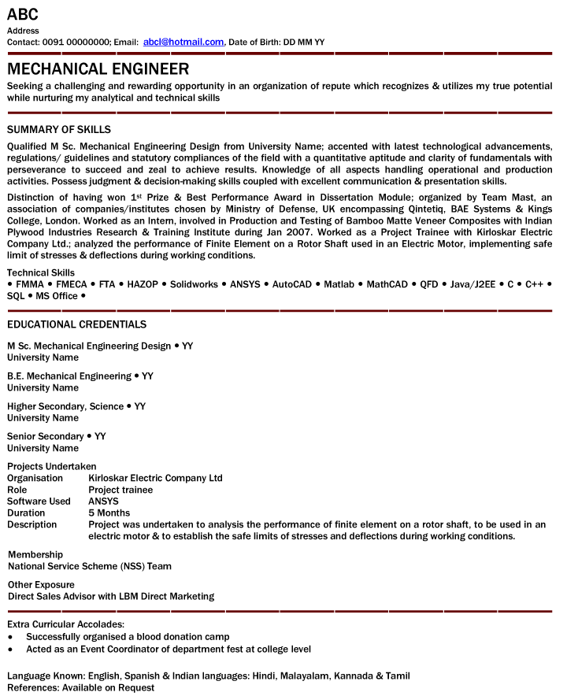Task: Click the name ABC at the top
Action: [x=23, y=14]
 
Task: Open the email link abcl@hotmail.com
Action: [x=183, y=42]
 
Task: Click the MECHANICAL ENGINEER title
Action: [x=98, y=69]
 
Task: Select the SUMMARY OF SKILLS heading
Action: [x=59, y=129]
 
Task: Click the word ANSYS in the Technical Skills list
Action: [x=246, y=284]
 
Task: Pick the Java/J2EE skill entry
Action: [x=472, y=284]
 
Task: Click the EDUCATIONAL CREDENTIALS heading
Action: [x=76, y=324]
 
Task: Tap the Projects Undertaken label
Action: [x=51, y=466]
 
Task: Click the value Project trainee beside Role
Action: [x=120, y=490]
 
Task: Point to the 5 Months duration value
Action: [x=109, y=513]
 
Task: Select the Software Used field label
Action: [x=39, y=502]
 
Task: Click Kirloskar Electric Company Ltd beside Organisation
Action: [x=155, y=478]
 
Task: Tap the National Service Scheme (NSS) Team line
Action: [x=90, y=566]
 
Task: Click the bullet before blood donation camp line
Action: [x=10, y=637]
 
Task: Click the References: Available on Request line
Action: [x=80, y=687]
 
